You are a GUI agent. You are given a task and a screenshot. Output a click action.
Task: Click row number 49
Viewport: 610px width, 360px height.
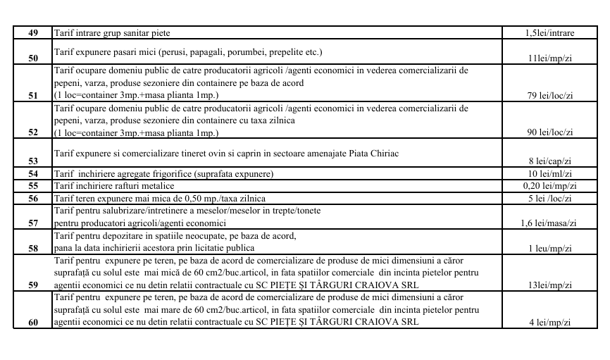click(33, 33)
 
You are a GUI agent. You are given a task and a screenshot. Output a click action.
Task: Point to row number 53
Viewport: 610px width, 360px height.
click(33, 161)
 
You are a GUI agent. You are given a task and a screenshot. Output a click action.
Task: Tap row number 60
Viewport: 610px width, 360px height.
click(33, 322)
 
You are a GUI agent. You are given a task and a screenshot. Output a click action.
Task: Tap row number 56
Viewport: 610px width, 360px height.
click(33, 199)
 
